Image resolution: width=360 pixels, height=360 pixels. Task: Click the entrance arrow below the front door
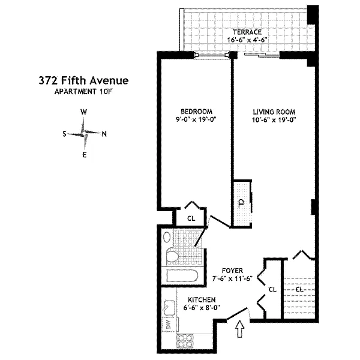tap(240, 329)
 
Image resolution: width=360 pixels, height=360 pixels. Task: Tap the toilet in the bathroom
tap(172, 254)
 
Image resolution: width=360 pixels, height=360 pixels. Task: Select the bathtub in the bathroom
tap(182, 276)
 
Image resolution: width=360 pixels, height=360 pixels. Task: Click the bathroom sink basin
tap(167, 237)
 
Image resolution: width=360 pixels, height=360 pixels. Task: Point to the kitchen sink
tap(169, 308)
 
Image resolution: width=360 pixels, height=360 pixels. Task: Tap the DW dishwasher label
tap(169, 324)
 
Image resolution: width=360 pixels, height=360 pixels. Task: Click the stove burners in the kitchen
tap(185, 340)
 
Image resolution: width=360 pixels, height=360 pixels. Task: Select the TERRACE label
tap(247, 32)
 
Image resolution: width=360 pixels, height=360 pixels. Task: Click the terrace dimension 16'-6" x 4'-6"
tap(247, 40)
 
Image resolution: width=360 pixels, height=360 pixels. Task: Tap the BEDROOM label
tap(197, 112)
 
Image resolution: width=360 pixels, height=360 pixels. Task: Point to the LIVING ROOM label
tap(274, 112)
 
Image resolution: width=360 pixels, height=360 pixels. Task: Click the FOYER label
tap(232, 271)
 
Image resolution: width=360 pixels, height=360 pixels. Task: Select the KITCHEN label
tap(202, 300)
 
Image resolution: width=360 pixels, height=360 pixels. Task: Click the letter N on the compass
tap(104, 134)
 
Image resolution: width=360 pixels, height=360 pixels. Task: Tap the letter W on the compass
tap(84, 112)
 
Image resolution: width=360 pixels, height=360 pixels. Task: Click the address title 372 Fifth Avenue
tap(83, 80)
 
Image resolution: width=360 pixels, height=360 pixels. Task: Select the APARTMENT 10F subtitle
tap(83, 92)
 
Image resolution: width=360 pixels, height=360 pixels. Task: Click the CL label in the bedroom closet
tap(191, 218)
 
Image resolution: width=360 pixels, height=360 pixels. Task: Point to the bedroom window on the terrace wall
tap(212, 55)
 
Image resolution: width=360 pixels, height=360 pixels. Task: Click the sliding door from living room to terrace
tap(262, 55)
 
